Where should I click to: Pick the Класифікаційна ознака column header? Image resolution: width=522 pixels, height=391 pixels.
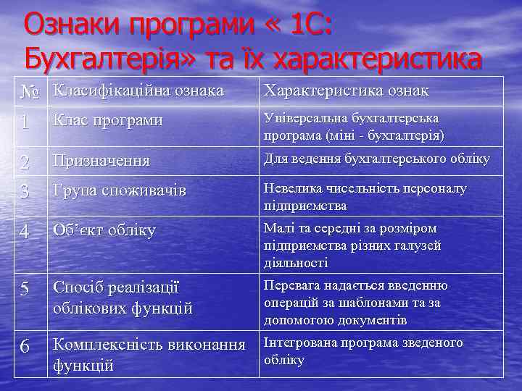(138, 91)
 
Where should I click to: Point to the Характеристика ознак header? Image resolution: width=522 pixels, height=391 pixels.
(347, 91)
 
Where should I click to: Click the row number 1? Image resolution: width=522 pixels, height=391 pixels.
(25, 122)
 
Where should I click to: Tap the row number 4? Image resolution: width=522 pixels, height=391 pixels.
(25, 232)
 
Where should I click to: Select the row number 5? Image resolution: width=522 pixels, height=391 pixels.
(25, 289)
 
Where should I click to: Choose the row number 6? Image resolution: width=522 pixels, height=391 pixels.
(25, 347)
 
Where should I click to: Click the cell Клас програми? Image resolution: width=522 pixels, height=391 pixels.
(107, 120)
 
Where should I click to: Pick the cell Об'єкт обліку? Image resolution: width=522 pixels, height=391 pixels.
(104, 231)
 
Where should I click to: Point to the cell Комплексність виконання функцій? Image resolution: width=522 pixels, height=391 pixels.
(149, 354)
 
